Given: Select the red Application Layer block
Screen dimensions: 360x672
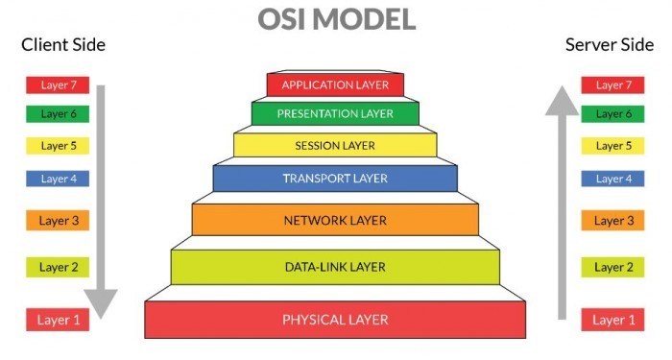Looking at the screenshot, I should point(335,84).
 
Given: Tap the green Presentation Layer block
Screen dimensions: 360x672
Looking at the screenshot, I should point(335,114).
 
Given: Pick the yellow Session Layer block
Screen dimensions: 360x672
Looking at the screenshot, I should point(335,146).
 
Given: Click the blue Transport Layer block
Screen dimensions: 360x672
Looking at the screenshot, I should point(335,179).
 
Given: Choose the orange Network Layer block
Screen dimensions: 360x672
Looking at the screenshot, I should point(335,220).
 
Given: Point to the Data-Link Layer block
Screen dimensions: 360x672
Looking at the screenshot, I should point(335,266).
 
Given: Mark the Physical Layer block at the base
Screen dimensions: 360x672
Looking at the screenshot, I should point(335,319).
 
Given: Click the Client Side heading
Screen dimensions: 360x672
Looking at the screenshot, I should point(63,45).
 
